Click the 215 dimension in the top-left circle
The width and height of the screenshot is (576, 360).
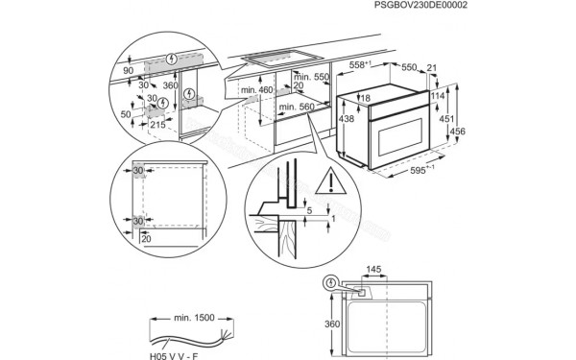pyautogui.click(x=157, y=124)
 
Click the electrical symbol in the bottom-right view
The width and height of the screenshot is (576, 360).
pyautogui.click(x=331, y=283)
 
